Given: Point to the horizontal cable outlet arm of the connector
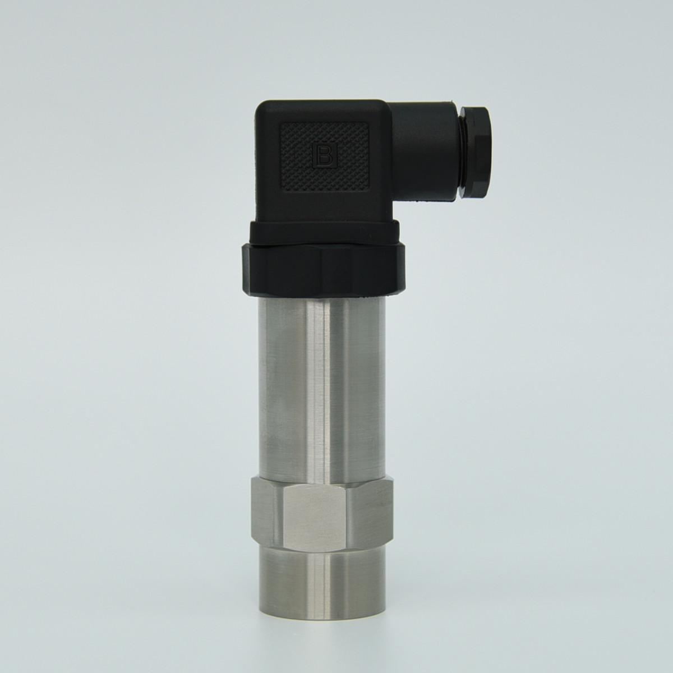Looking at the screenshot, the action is click(425, 152).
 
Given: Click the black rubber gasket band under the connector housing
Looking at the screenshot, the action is click(327, 233).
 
